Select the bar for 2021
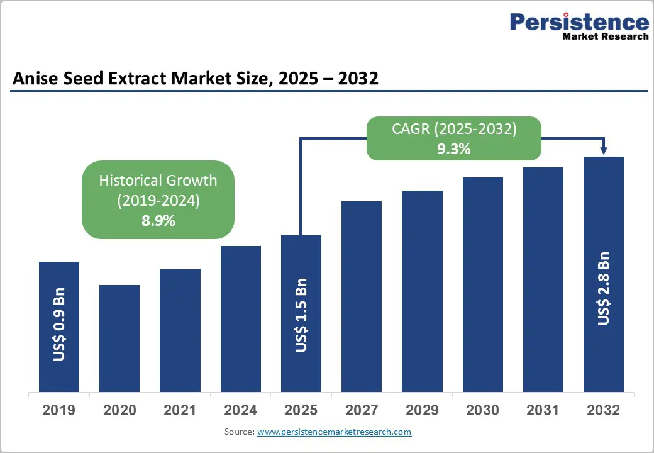[x=180, y=330]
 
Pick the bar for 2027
[x=362, y=296]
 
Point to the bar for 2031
[x=543, y=279]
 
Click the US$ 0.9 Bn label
[x=60, y=324]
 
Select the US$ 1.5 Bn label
[x=302, y=315]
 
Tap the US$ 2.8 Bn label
[x=604, y=288]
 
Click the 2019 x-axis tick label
[x=58, y=410]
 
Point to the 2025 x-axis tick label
[x=301, y=410]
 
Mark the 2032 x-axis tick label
[x=604, y=410]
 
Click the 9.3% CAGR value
[x=454, y=149]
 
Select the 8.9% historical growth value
[x=158, y=221]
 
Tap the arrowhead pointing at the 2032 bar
[x=604, y=150]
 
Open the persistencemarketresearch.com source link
[x=334, y=432]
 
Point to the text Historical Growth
[x=158, y=181]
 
